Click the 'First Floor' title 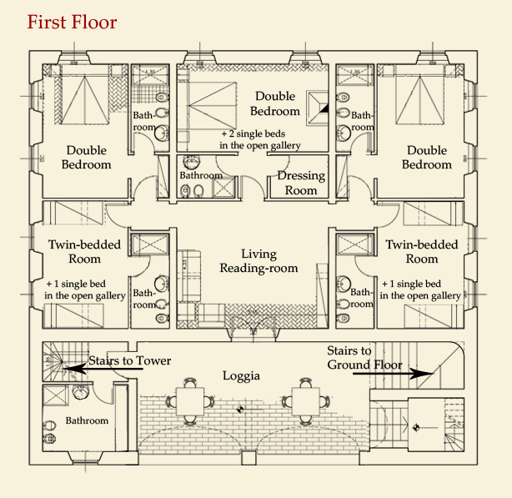click(x=72, y=22)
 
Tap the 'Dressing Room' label click(x=301, y=183)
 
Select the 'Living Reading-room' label click(x=259, y=260)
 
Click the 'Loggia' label click(x=242, y=375)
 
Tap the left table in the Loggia click(x=191, y=402)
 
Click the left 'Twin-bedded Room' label click(x=84, y=251)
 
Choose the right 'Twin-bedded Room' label click(x=422, y=251)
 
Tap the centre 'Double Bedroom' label click(x=275, y=103)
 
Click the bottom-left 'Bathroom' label click(x=87, y=420)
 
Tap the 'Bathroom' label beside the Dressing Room click(x=201, y=176)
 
